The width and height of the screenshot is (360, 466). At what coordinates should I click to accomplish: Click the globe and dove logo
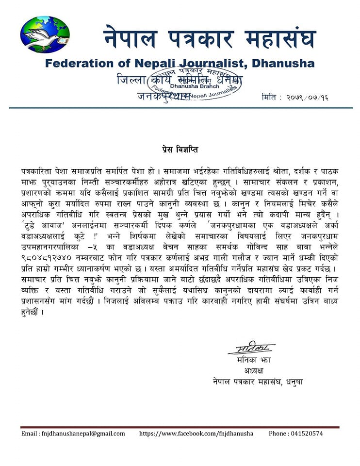coord(45,34)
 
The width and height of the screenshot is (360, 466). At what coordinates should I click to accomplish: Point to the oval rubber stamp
coord(207,83)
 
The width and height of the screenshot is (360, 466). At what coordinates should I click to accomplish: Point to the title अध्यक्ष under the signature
coord(250,371)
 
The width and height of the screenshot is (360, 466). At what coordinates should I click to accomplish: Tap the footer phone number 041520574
coord(306,433)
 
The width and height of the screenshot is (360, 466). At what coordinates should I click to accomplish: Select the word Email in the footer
coord(30,433)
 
